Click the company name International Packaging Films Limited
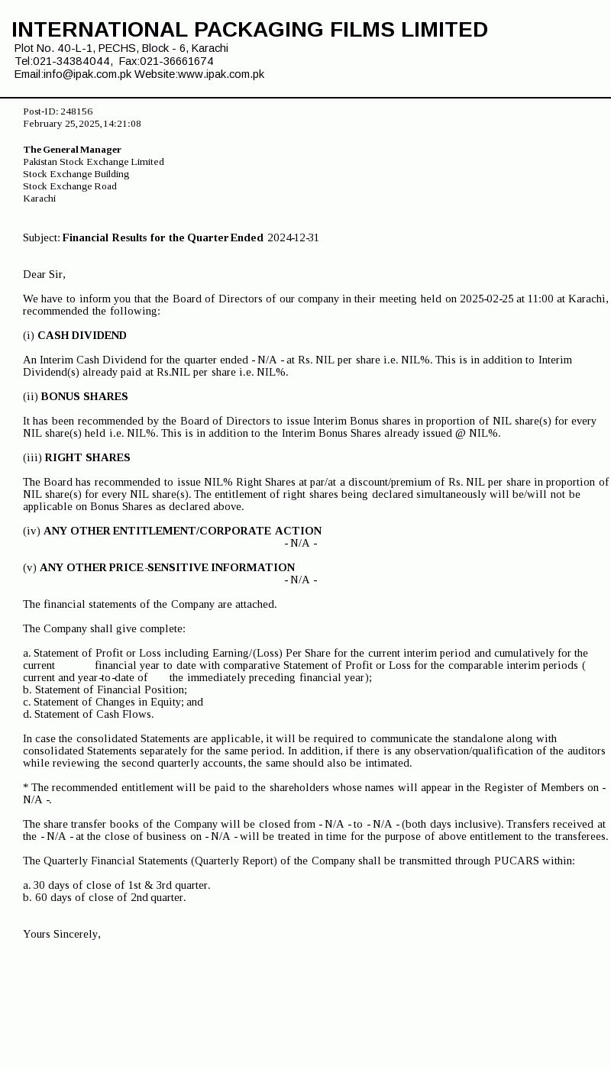point(250,29)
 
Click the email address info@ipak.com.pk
point(87,74)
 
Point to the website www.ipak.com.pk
point(221,74)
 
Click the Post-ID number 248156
point(76,111)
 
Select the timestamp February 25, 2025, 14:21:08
point(82,124)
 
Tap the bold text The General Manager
point(72,150)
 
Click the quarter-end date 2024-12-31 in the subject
point(293,237)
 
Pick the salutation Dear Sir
point(44,274)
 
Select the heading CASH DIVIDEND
point(82,335)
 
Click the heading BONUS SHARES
point(84,396)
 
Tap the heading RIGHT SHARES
point(87,457)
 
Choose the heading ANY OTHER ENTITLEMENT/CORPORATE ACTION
point(183,531)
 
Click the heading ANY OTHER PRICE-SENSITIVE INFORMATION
point(167,567)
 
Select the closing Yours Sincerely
point(62,934)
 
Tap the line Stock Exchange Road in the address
point(70,186)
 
